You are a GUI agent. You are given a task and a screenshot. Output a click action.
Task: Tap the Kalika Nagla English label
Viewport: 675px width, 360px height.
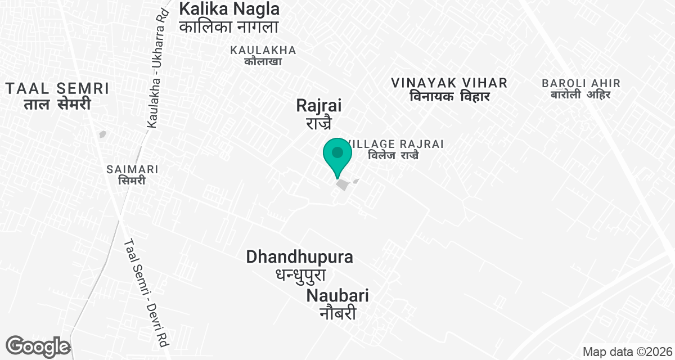pos(229,9)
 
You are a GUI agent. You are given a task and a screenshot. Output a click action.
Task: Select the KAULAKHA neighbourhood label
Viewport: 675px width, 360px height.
pos(263,50)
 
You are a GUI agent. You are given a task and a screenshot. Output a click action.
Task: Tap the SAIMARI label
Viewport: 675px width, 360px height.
pos(132,169)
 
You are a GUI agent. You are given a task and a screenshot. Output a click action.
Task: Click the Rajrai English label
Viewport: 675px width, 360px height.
pos(319,105)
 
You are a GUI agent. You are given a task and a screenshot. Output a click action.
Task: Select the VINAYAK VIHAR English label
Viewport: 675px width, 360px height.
pos(449,83)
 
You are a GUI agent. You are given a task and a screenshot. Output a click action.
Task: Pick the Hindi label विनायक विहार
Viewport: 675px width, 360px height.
pos(449,97)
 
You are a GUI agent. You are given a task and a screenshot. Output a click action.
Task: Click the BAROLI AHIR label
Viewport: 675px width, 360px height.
pos(581,83)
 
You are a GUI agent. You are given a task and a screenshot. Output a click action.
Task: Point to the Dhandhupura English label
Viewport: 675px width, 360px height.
pos(300,257)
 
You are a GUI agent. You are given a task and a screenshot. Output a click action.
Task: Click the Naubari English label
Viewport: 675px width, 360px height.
pos(337,296)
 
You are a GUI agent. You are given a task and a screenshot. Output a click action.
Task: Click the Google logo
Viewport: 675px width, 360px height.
pos(37,346)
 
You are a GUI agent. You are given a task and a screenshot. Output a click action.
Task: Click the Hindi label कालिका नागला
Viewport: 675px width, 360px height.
pos(229,26)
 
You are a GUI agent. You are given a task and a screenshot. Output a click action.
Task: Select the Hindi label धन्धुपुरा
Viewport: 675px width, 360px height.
pos(301,274)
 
